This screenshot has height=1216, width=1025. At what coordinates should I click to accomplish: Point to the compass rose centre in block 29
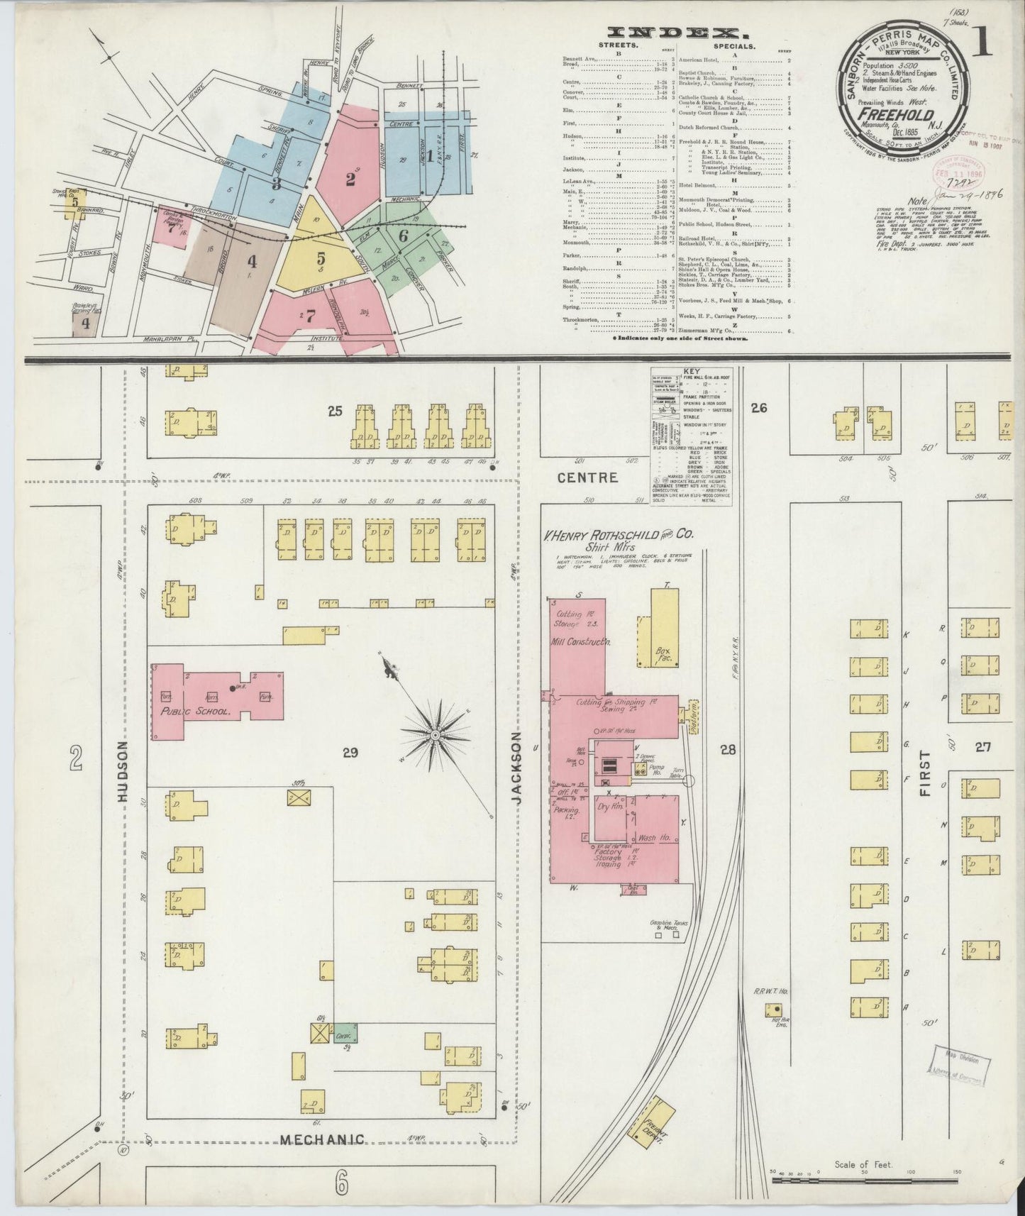(x=435, y=736)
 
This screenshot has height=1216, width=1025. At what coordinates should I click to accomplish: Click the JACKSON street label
(x=516, y=769)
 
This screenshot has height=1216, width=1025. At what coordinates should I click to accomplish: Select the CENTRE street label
(x=587, y=477)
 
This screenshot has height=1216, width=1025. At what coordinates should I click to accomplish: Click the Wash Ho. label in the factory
(x=654, y=837)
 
